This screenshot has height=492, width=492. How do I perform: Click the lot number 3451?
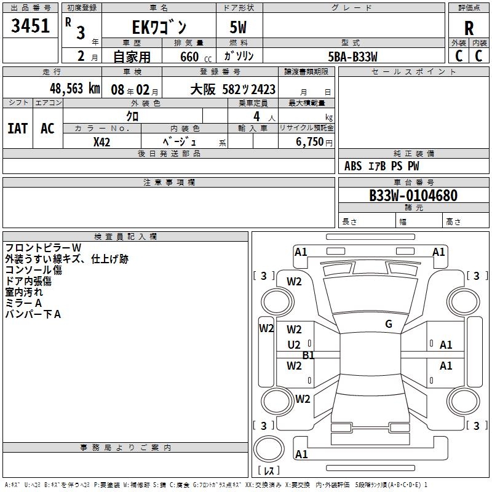(x=31, y=26)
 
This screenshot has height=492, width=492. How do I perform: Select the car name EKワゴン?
(x=159, y=27)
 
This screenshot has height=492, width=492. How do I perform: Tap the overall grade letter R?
(x=469, y=28)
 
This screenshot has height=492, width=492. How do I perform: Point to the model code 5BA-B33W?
(x=352, y=57)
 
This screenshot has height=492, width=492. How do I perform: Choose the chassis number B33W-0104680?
(x=413, y=196)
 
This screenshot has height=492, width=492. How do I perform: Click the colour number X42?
(x=101, y=142)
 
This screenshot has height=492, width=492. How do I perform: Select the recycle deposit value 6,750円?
(x=314, y=142)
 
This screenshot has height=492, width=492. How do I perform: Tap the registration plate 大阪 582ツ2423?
(x=232, y=89)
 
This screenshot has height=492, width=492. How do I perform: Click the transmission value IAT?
(x=17, y=129)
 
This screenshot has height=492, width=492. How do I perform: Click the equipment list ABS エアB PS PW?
(x=381, y=166)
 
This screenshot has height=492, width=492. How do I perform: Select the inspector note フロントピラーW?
(x=43, y=248)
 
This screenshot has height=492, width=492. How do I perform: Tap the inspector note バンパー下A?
(x=33, y=314)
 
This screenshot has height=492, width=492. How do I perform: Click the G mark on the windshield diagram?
(x=389, y=324)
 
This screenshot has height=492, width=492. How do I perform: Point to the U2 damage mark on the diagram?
(x=294, y=345)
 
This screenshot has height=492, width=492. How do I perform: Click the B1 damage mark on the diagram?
(x=308, y=355)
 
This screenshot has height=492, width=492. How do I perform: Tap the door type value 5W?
(x=239, y=27)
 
